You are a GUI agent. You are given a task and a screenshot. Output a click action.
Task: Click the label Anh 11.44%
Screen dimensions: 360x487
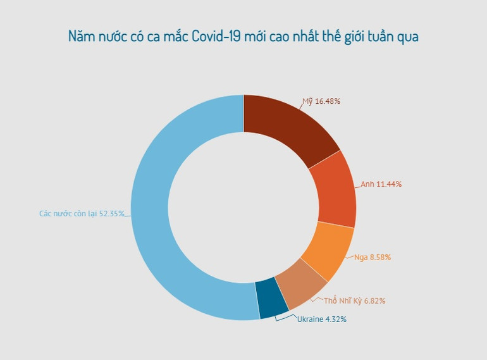(381, 184)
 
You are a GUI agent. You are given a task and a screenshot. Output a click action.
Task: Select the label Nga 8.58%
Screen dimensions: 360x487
(373, 258)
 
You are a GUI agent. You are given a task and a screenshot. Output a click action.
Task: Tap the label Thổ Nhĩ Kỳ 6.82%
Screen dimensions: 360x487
(354, 301)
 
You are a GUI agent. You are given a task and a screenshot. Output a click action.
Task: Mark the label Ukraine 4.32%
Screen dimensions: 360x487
(321, 320)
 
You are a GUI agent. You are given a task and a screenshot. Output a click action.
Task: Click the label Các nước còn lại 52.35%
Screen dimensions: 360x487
(82, 214)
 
